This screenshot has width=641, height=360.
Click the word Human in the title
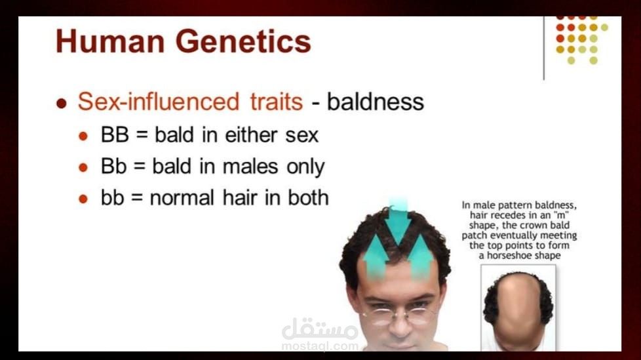(x=110, y=41)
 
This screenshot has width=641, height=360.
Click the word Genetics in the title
(x=243, y=41)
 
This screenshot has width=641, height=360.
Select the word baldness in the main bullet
(x=376, y=102)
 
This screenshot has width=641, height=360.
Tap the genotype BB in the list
(x=115, y=134)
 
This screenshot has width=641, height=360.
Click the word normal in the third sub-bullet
(x=182, y=198)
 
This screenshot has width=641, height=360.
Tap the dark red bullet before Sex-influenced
(x=62, y=103)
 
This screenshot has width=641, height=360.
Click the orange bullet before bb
(x=83, y=199)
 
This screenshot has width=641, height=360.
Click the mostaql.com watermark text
(x=320, y=346)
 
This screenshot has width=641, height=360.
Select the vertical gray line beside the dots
(x=544, y=49)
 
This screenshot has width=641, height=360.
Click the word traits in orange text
(x=277, y=102)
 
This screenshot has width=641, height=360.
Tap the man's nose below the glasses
(x=399, y=326)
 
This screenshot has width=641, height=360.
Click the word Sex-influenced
(x=159, y=102)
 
